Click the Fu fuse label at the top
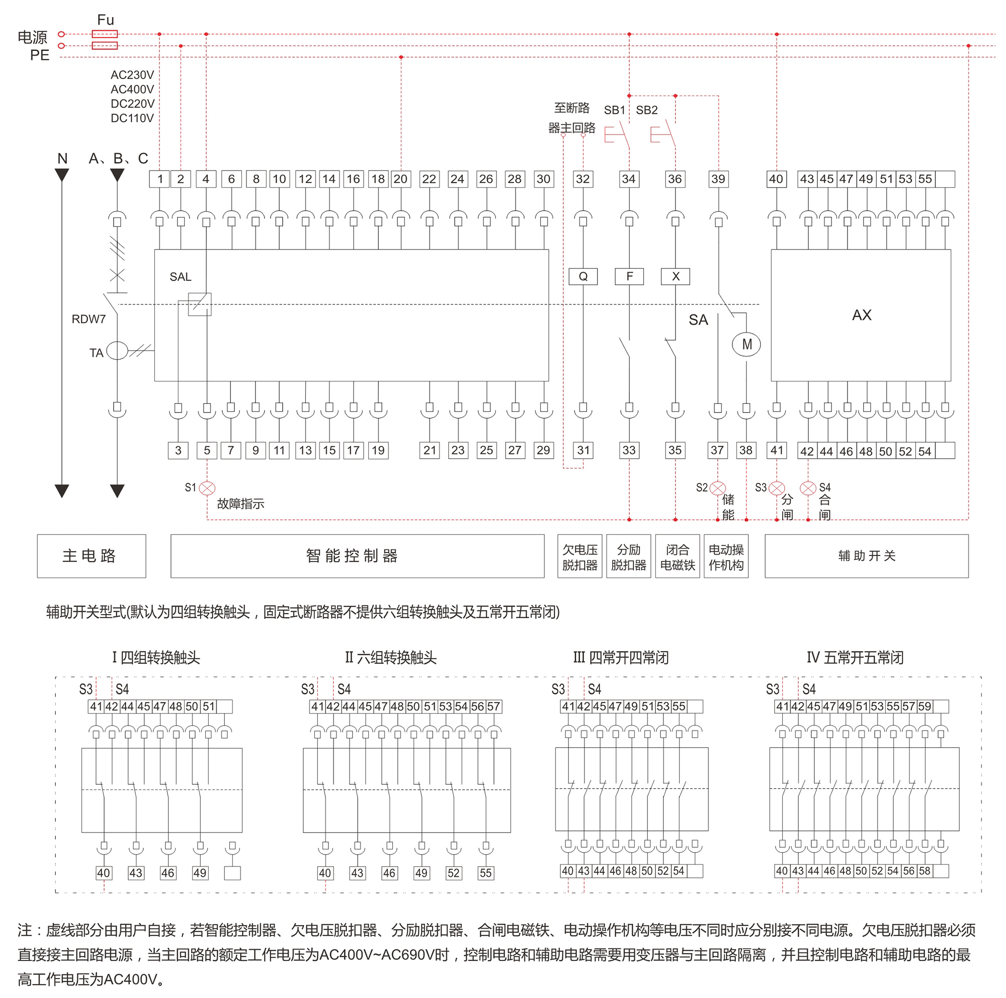[105, 20]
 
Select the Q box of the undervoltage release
[582, 277]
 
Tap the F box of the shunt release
[629, 277]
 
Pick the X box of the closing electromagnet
[675, 277]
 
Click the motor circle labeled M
[746, 344]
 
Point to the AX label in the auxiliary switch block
[861, 315]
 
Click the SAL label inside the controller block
[180, 277]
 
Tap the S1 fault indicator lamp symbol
[207, 488]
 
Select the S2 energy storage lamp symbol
[718, 488]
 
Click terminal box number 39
[718, 179]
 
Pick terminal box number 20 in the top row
[400, 179]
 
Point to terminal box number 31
[583, 450]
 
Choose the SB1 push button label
[615, 110]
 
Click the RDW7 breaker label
[89, 319]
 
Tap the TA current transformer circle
[117, 351]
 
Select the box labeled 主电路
[91, 555]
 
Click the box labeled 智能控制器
[357, 555]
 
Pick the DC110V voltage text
[132, 118]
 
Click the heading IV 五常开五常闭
[855, 657]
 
